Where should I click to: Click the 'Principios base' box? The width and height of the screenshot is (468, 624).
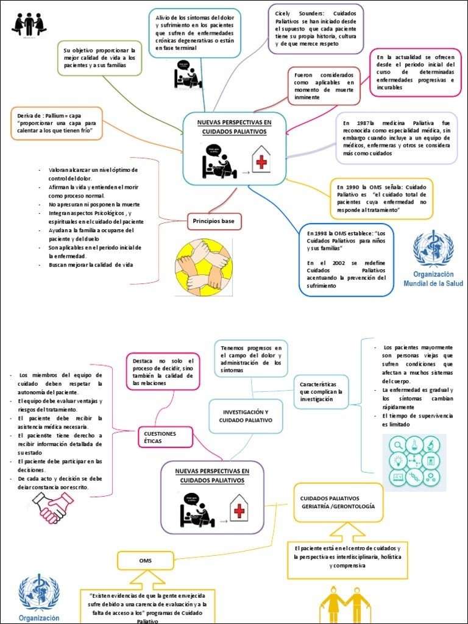[214, 221]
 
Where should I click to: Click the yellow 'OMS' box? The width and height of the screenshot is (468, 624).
[145, 560]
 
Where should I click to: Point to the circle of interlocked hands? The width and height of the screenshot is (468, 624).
[203, 264]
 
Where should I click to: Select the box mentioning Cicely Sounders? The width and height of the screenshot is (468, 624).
[316, 28]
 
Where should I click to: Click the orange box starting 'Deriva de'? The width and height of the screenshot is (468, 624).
[56, 124]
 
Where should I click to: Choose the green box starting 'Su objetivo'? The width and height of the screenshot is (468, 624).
[100, 57]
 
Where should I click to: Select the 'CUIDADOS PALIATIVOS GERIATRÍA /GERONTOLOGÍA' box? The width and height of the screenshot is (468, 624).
[338, 502]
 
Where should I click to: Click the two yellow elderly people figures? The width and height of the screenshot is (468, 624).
[345, 603]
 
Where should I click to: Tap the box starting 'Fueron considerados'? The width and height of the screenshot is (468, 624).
[324, 85]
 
